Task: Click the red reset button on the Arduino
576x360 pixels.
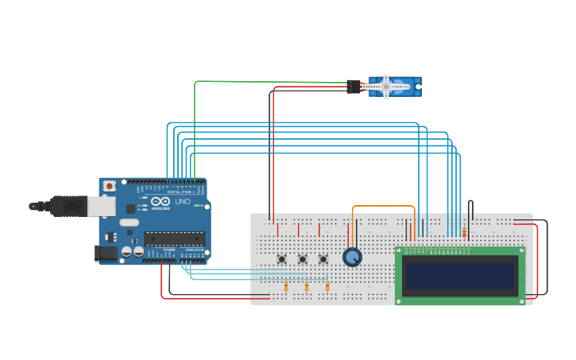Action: (109, 186)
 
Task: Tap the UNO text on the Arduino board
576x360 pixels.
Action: (183, 201)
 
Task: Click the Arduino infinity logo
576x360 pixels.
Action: (160, 201)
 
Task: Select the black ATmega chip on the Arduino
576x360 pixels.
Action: (174, 238)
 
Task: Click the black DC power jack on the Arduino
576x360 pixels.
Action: (106, 254)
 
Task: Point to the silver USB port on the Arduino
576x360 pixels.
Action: (101, 207)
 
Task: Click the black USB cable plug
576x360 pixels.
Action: (68, 206)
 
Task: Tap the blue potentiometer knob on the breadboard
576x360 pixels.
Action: (352, 257)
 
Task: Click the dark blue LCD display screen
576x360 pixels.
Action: (460, 276)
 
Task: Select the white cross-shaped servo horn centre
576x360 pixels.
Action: (386, 87)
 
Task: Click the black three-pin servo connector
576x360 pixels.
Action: (354, 86)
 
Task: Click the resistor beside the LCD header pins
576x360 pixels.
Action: (464, 232)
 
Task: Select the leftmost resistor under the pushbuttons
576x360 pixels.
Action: (286, 286)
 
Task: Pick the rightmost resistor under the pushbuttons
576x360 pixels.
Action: (327, 286)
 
